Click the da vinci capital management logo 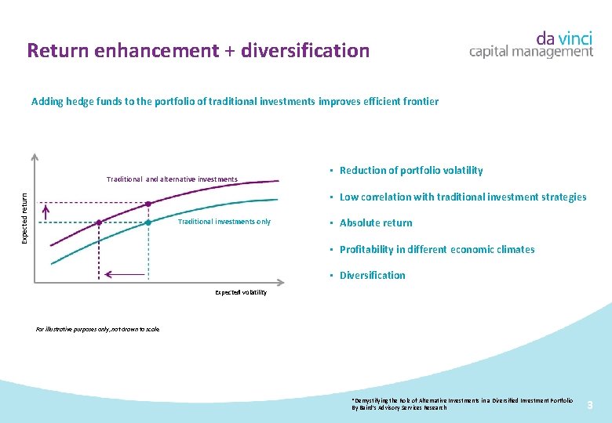[531, 44]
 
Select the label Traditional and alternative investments [172, 179]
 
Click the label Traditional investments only [224, 222]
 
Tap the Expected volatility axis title [241, 292]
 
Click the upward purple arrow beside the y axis [46, 212]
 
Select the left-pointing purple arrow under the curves [126, 274]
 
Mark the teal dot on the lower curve [149, 223]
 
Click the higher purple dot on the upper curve [149, 204]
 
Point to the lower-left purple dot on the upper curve [99, 222]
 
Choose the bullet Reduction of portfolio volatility [411, 171]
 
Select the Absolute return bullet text [376, 223]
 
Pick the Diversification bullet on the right [373, 276]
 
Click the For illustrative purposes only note [98, 329]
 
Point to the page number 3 [590, 404]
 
